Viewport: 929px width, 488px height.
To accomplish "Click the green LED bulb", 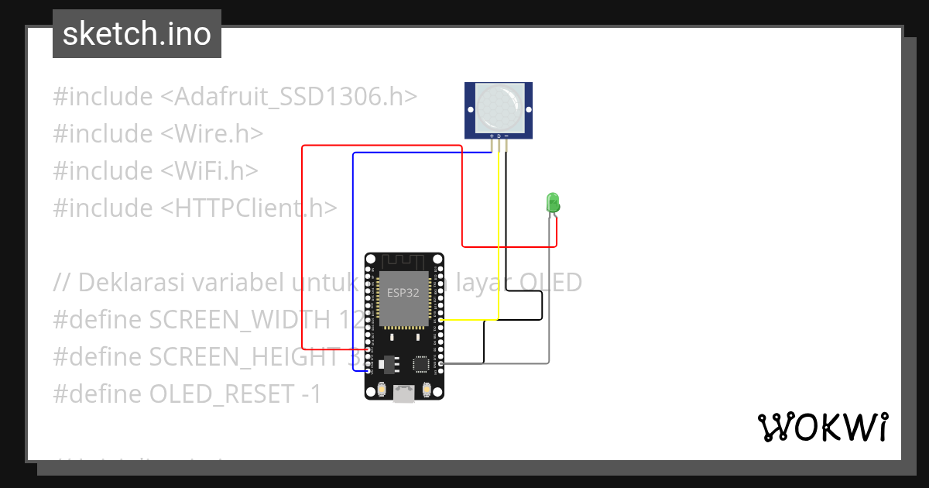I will click(x=553, y=203).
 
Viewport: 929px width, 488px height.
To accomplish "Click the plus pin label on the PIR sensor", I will click(x=492, y=136).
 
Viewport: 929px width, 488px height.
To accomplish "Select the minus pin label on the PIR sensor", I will click(x=506, y=136).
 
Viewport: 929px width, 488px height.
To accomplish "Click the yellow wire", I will click(x=499, y=232).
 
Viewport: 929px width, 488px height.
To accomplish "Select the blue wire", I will click(x=354, y=256).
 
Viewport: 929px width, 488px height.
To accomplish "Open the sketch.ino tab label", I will click(x=137, y=34).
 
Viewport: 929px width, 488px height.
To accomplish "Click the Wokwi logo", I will click(x=822, y=427).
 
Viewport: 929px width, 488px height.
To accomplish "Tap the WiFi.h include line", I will click(x=156, y=170).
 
